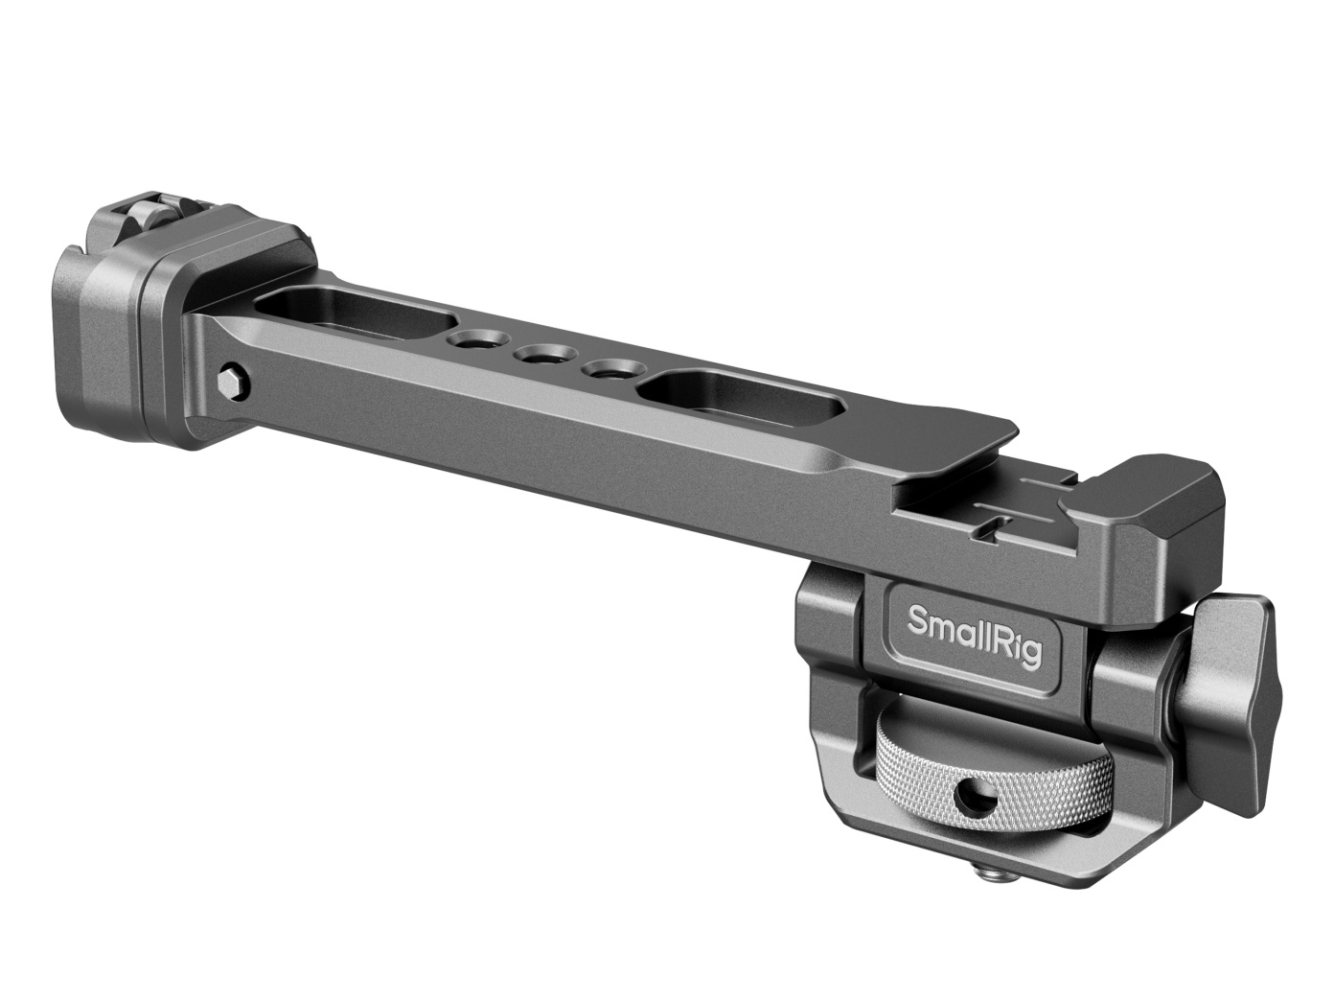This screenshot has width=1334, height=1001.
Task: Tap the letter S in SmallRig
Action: point(919,620)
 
